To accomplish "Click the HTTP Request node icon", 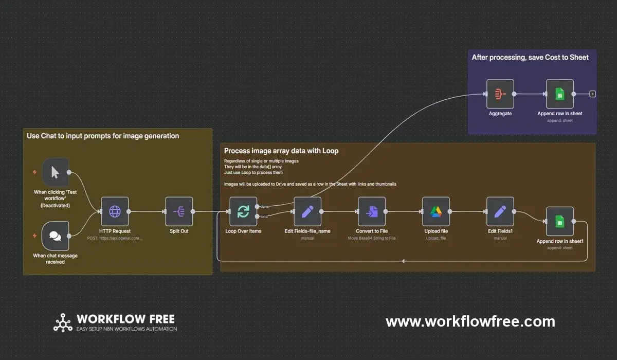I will point(115,211).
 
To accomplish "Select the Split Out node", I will point(179,211).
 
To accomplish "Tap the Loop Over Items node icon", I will point(243,211).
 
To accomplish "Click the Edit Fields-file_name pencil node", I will point(307,211).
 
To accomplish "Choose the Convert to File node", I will point(372,211).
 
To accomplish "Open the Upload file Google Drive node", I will point(436,211).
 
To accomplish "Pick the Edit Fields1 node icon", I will point(500,211).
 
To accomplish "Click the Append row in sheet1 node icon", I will point(559,221).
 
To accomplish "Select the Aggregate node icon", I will point(500,94).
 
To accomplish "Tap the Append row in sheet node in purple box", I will point(559,94).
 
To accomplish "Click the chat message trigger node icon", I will point(55,236).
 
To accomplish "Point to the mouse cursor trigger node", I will point(55,172).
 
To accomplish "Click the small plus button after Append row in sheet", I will point(592,94).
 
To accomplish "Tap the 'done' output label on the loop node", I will point(265,206).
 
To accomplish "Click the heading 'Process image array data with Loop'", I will point(281,151).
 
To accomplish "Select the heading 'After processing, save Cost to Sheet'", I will point(530,57).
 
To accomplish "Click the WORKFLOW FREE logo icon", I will point(63,322).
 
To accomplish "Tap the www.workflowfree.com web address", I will point(470,322).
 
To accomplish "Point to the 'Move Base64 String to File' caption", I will point(372,238).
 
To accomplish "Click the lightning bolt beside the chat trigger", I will point(34,236).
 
